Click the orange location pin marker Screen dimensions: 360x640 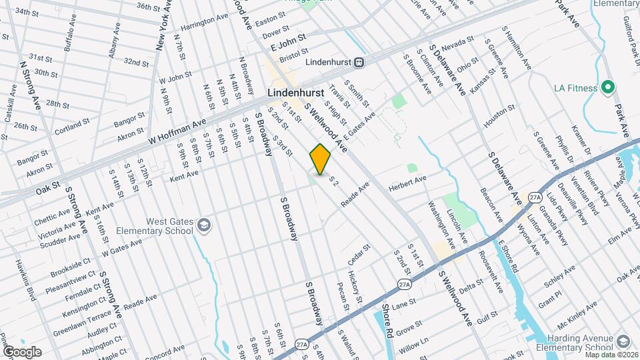(x=320, y=159)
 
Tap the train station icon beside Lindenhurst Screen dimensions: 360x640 (x=359, y=62)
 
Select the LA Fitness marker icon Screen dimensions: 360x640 (x=607, y=87)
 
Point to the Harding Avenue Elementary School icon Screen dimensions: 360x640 (x=623, y=341)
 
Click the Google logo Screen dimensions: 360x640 (x=22, y=351)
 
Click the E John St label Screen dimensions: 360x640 (x=288, y=43)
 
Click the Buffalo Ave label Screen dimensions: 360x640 (x=70, y=40)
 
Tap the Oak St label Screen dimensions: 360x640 (x=48, y=189)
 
